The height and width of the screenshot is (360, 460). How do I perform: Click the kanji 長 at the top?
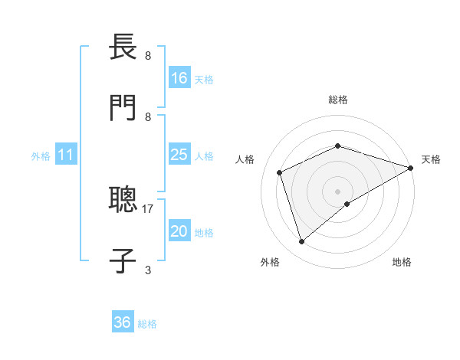pyautogui.click(x=123, y=48)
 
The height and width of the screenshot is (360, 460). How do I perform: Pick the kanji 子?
pyautogui.click(x=123, y=260)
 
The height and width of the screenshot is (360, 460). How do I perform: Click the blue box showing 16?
pyautogui.click(x=179, y=78)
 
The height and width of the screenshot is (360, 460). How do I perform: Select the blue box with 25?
pyautogui.click(x=179, y=155)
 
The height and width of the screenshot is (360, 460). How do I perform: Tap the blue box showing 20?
pyautogui.click(x=179, y=231)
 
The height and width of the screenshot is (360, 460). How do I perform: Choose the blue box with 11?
pyautogui.click(x=66, y=155)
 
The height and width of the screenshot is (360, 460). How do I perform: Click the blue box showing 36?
pyautogui.click(x=123, y=323)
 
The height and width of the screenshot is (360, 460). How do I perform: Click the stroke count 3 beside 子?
pyautogui.click(x=148, y=270)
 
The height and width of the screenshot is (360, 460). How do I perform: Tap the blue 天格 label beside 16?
pyautogui.click(x=204, y=79)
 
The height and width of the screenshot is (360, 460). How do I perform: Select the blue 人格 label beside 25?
pyautogui.click(x=204, y=155)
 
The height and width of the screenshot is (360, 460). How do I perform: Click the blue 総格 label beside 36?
pyautogui.click(x=147, y=324)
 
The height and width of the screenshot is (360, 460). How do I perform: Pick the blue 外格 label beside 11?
pyautogui.click(x=41, y=156)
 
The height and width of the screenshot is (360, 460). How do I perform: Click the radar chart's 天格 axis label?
pyautogui.click(x=432, y=159)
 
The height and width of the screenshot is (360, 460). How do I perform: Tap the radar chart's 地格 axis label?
pyautogui.click(x=402, y=262)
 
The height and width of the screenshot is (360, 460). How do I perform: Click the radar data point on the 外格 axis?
pyautogui.click(x=301, y=242)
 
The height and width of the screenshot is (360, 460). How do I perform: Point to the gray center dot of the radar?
pyautogui.click(x=337, y=191)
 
